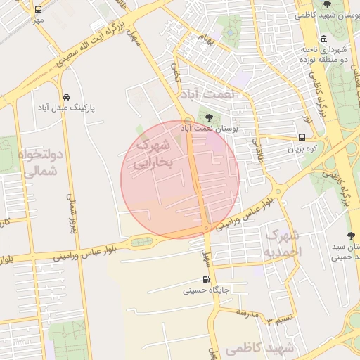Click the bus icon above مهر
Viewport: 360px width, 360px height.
pos(37,10)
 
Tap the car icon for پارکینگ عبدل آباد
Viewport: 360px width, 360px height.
pos(66,97)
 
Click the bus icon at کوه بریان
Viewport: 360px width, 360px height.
pos(302,138)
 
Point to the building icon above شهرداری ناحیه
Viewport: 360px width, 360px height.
pos(323,39)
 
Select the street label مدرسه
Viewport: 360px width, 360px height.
pos(248,312)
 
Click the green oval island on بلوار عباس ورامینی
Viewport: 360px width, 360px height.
pos(140,243)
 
